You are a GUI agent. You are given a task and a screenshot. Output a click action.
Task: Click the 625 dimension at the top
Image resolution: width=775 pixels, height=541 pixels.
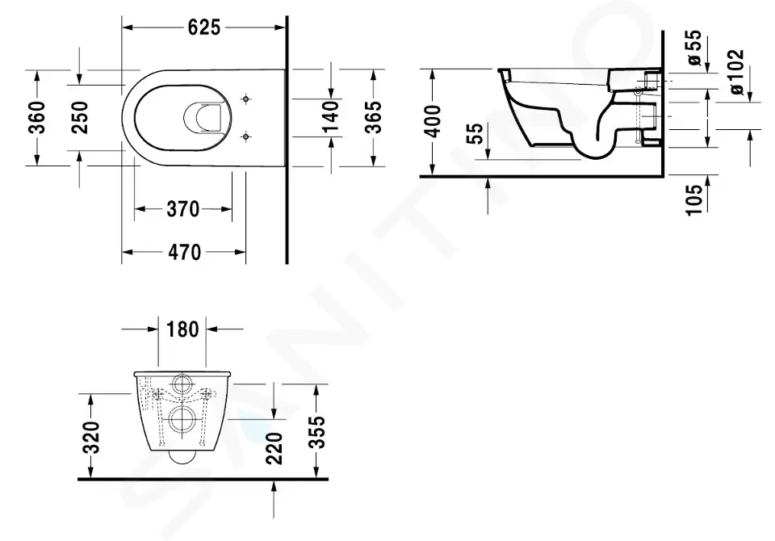[203, 27]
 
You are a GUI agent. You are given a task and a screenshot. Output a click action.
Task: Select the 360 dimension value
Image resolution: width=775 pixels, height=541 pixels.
[38, 117]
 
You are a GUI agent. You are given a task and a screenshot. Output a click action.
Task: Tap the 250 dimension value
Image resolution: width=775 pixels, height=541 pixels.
[80, 117]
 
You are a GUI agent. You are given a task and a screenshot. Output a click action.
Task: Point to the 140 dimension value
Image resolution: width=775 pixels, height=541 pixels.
[331, 117]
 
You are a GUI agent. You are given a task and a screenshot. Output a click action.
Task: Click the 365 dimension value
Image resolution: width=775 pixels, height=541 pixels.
[373, 117]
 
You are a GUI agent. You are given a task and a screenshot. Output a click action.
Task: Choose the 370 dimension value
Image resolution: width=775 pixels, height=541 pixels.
[183, 209]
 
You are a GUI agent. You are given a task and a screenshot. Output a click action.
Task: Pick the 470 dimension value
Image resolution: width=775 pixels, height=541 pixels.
[184, 252]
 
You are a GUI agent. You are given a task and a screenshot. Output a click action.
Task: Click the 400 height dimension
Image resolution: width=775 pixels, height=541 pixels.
[433, 121]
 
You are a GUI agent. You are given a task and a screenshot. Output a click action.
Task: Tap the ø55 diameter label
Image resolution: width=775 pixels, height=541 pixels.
[694, 48]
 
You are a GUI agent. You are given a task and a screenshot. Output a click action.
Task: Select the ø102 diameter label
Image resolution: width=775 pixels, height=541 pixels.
[736, 72]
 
